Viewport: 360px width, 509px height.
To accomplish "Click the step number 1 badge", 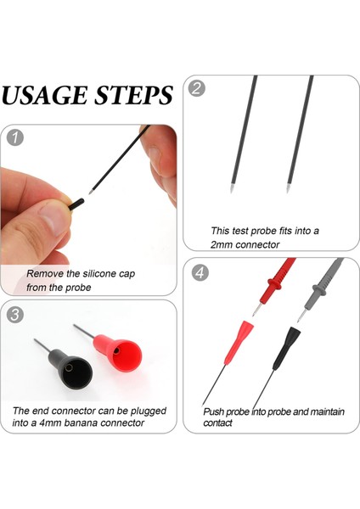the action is pos(15,137).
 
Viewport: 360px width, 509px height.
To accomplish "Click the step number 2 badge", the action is pos(197,88).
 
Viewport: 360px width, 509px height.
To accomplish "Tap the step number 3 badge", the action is pos(15,315).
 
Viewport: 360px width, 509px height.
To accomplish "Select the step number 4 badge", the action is pos(200,272).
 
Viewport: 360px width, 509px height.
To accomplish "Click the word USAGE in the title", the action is pos(44,95).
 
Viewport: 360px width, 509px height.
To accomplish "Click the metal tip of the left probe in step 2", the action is pos(232,188).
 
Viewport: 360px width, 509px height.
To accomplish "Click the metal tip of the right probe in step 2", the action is pos(288,188).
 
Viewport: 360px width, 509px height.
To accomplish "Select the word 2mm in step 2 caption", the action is pos(222,244).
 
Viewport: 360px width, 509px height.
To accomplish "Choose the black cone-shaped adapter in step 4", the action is pos(285,349).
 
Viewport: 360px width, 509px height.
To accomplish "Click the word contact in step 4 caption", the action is pos(217,423).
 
